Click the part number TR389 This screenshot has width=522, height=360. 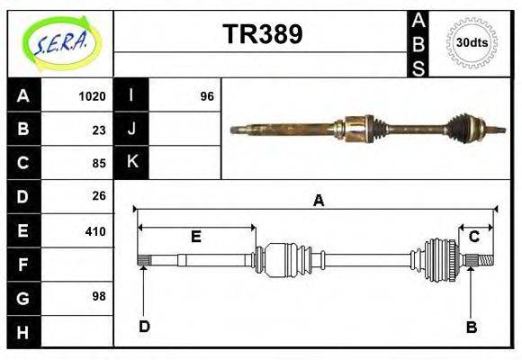(x=262, y=34)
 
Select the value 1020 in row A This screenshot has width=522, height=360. (x=93, y=96)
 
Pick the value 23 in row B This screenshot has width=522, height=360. (x=99, y=130)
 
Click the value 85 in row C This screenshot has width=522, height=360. (x=99, y=163)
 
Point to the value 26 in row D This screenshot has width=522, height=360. (x=99, y=196)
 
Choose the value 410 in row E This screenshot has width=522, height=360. (x=95, y=231)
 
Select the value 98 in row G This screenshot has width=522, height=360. (x=99, y=296)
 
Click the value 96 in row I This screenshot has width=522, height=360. (x=206, y=96)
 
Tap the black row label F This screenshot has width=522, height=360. (x=22, y=265)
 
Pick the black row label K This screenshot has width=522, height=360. (x=131, y=163)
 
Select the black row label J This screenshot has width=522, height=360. (x=131, y=130)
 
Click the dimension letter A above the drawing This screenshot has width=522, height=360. (x=318, y=202)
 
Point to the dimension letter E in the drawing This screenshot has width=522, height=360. (x=195, y=237)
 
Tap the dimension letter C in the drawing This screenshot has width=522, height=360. (x=472, y=237)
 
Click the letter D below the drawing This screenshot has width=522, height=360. (x=144, y=327)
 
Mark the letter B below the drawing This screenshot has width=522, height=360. (x=471, y=327)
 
